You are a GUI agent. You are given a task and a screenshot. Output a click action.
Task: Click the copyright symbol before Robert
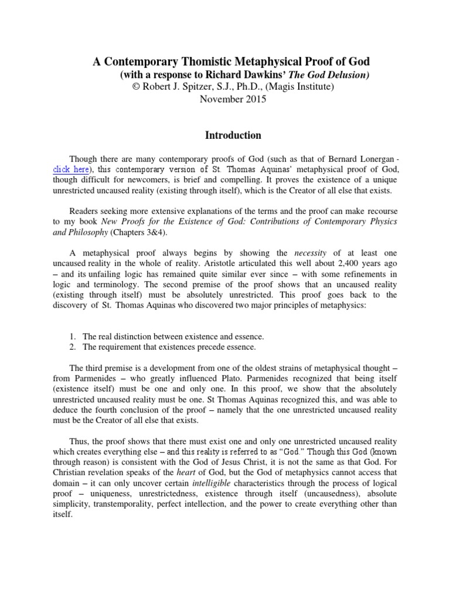coord(138,87)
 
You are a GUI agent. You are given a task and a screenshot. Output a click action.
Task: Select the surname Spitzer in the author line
coord(197,87)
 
